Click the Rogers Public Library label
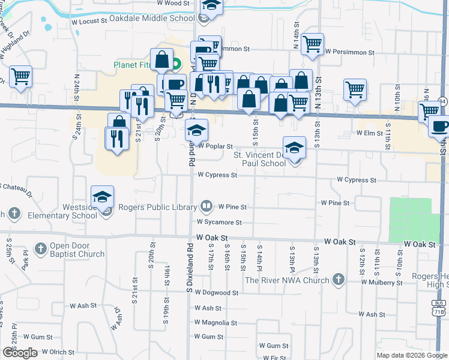tap(158, 208)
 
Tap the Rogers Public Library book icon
tap(206, 207)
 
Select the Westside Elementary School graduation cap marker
tap(103, 196)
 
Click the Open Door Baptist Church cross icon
tap(40, 248)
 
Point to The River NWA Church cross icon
tap(339, 280)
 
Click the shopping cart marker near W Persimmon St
tap(312, 44)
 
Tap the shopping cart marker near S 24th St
tap(21, 77)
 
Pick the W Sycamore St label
tap(218, 222)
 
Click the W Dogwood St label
tap(217, 293)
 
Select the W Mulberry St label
tap(381, 282)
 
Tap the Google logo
tap(19, 353)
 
